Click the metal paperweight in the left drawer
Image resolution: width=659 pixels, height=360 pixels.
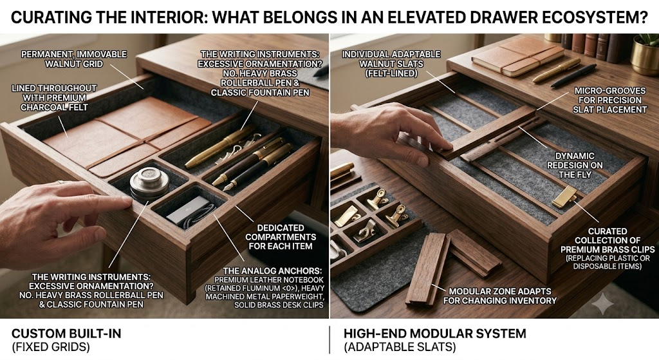point(149,184)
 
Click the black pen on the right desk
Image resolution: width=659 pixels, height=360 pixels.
point(573,75)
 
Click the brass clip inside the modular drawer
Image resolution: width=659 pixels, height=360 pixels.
point(564,196)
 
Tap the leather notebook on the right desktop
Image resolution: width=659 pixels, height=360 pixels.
point(518,57)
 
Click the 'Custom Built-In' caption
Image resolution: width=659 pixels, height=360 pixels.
point(66,334)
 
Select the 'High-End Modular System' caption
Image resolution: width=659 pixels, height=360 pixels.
point(434,334)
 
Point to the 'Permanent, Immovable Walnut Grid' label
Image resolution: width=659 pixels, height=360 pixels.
point(74,59)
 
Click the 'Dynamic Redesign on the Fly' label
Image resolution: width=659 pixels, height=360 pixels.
point(575,166)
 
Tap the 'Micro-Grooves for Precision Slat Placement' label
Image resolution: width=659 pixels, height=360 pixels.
point(610,100)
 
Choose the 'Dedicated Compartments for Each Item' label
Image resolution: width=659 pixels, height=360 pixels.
point(281,237)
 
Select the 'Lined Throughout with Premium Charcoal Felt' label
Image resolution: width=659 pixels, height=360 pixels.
point(54,98)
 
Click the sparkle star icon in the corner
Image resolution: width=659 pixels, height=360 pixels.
point(602,303)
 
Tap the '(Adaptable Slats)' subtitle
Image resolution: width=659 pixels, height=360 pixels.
point(400,347)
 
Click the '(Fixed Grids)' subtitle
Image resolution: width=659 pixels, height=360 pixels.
point(50,347)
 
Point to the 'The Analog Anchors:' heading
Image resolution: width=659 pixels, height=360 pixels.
point(272,271)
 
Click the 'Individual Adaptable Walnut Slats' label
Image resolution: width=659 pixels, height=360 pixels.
point(391,64)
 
